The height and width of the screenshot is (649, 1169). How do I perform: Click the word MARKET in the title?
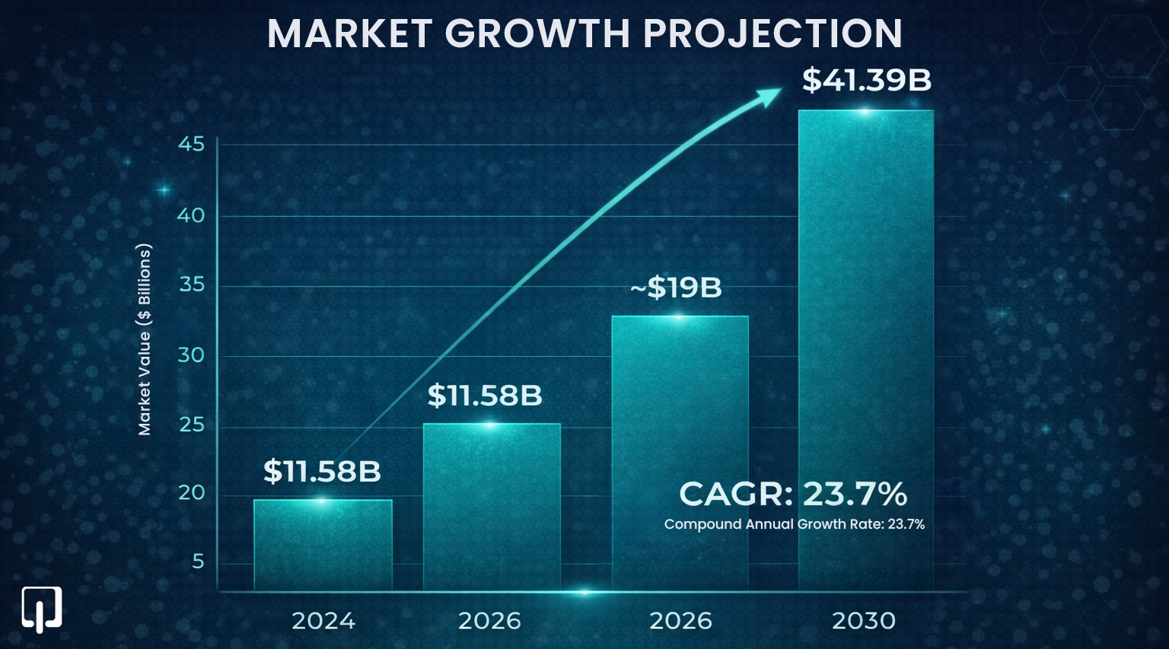pos(350,33)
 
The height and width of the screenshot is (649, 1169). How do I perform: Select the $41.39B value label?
pos(866,80)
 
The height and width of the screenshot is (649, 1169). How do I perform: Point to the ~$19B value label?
pos(677,288)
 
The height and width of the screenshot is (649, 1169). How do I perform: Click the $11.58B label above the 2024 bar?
pos(322,472)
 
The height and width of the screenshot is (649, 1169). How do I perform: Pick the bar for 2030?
pos(865,350)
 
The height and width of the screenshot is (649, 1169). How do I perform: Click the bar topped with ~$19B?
pos(680,453)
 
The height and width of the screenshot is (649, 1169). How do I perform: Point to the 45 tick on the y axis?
pos(191,144)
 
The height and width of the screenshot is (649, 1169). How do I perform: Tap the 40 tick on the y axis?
pos(191,215)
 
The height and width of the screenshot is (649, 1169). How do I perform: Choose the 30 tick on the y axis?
pos(191,355)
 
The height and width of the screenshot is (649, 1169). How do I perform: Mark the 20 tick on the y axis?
pos(191,493)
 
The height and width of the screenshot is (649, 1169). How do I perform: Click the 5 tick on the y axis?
pos(198,562)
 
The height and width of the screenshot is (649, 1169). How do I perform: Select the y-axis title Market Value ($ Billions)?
pos(145,339)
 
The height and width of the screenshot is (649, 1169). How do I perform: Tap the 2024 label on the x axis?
pos(323,621)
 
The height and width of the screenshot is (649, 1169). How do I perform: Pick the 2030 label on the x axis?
pos(864,621)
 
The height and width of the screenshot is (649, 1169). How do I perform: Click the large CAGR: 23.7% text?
pos(793,495)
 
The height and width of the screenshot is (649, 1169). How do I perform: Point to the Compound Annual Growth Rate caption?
pos(794,524)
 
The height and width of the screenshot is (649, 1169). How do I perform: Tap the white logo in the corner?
pos(41,609)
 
